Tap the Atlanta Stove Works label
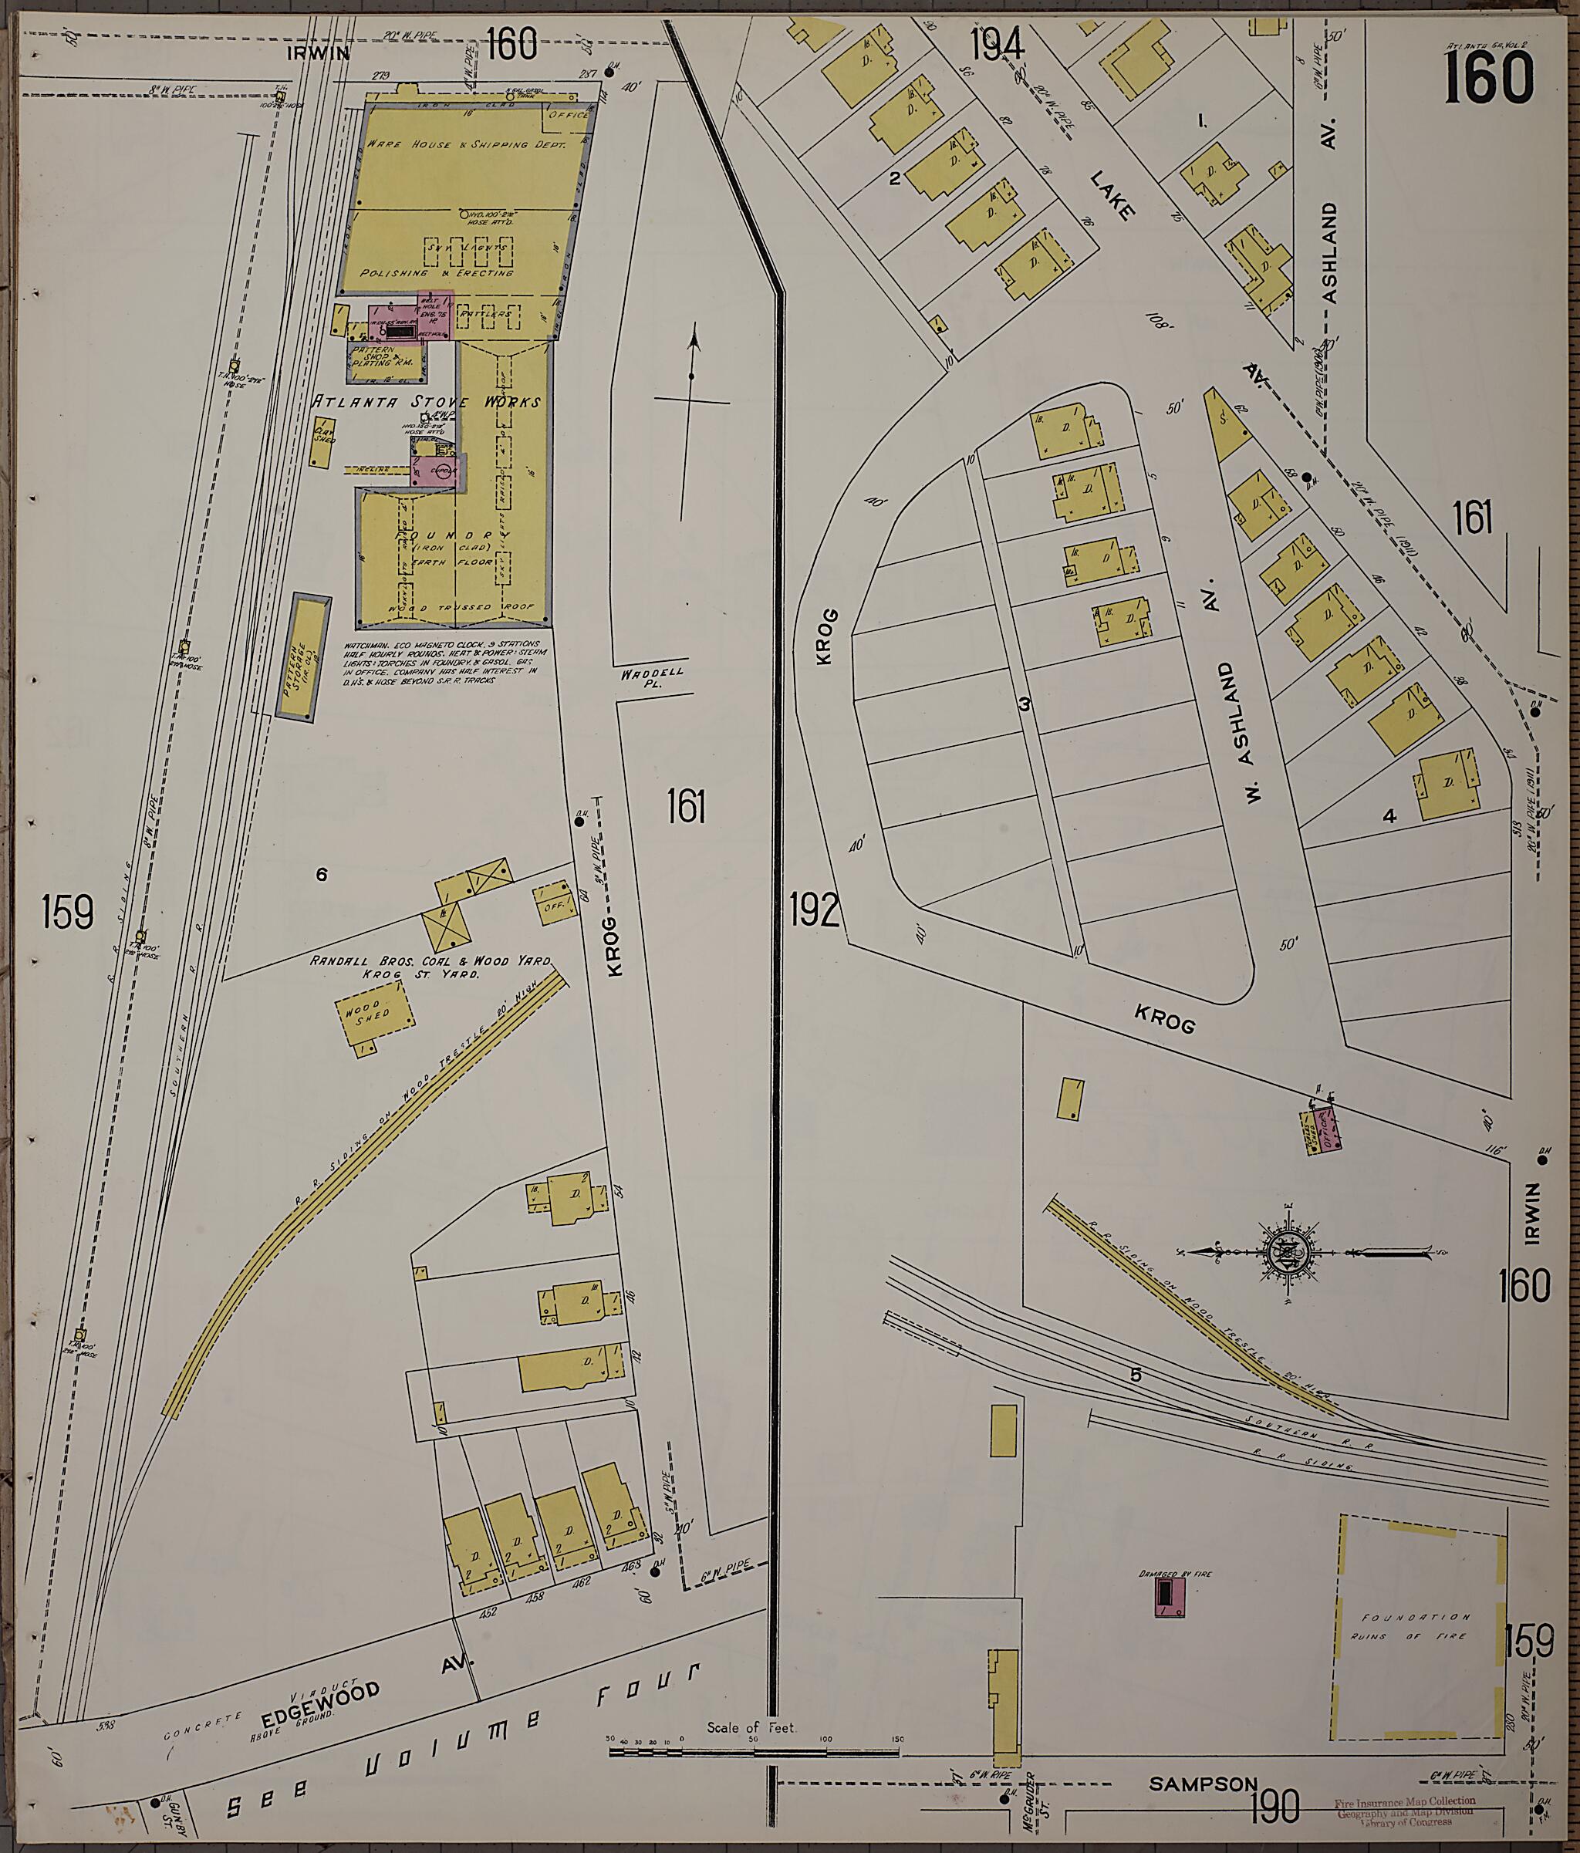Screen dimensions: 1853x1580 (x=426, y=403)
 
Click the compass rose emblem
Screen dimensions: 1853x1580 (x=1288, y=1252)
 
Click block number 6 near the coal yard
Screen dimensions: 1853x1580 (x=321, y=875)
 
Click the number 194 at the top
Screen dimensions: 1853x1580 (x=996, y=45)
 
